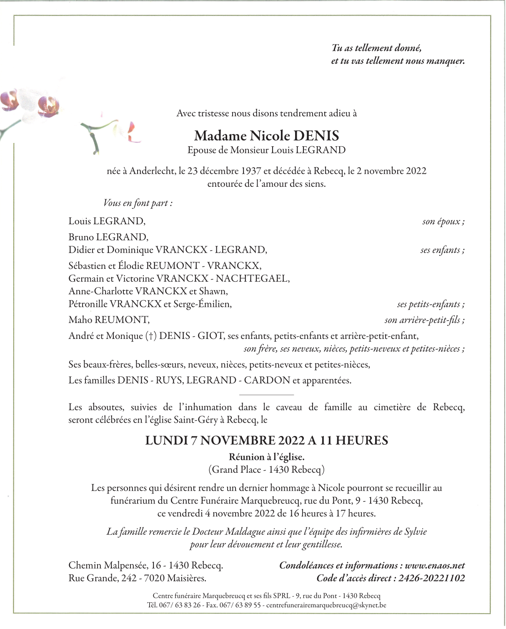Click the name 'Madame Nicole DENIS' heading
(x=266, y=136)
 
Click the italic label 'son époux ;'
(x=443, y=221)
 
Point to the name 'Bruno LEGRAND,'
(x=108, y=237)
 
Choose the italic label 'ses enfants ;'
(x=442, y=250)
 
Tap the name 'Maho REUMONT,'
(x=109, y=320)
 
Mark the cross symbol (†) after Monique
(x=151, y=336)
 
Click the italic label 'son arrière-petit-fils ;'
(x=424, y=320)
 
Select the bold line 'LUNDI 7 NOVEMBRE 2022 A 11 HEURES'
(x=266, y=441)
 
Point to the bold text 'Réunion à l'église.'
(x=266, y=457)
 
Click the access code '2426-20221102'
(x=431, y=578)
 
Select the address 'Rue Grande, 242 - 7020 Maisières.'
(x=137, y=578)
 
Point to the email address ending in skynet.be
(x=326, y=605)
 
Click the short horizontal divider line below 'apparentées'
(x=266, y=394)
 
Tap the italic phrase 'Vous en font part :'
(x=138, y=203)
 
